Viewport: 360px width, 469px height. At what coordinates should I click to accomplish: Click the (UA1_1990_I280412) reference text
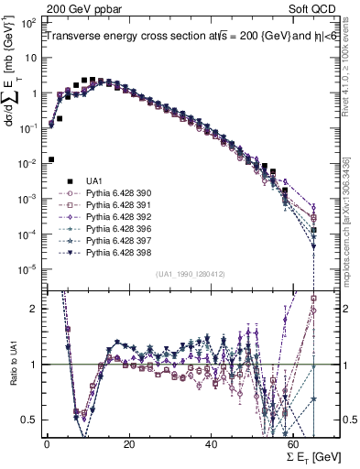191,275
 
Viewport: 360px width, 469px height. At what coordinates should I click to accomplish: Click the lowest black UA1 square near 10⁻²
51,159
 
